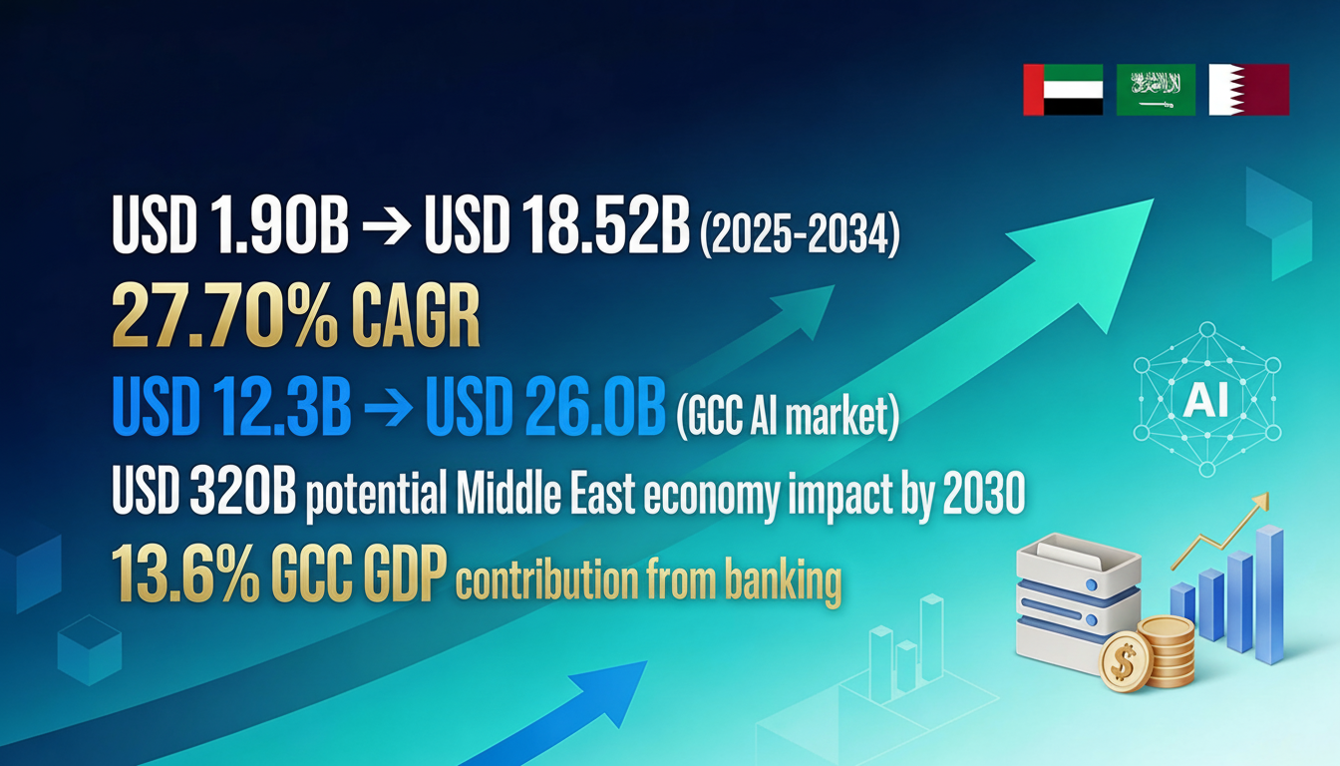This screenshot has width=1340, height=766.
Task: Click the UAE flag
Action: [x=1063, y=90]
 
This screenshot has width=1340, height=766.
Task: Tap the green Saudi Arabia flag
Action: [x=1155, y=90]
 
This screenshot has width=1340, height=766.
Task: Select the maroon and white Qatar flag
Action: [x=1248, y=90]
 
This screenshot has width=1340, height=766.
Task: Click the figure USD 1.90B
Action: [x=230, y=227]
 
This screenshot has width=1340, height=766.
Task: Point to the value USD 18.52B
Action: [x=557, y=227]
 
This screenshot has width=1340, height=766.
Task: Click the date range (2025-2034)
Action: [x=800, y=230]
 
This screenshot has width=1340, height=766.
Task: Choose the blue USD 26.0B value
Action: [x=544, y=408]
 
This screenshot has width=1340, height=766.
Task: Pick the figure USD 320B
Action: [x=202, y=492]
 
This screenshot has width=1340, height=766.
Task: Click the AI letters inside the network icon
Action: [x=1207, y=399]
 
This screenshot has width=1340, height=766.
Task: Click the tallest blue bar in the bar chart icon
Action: [x=1269, y=594]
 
